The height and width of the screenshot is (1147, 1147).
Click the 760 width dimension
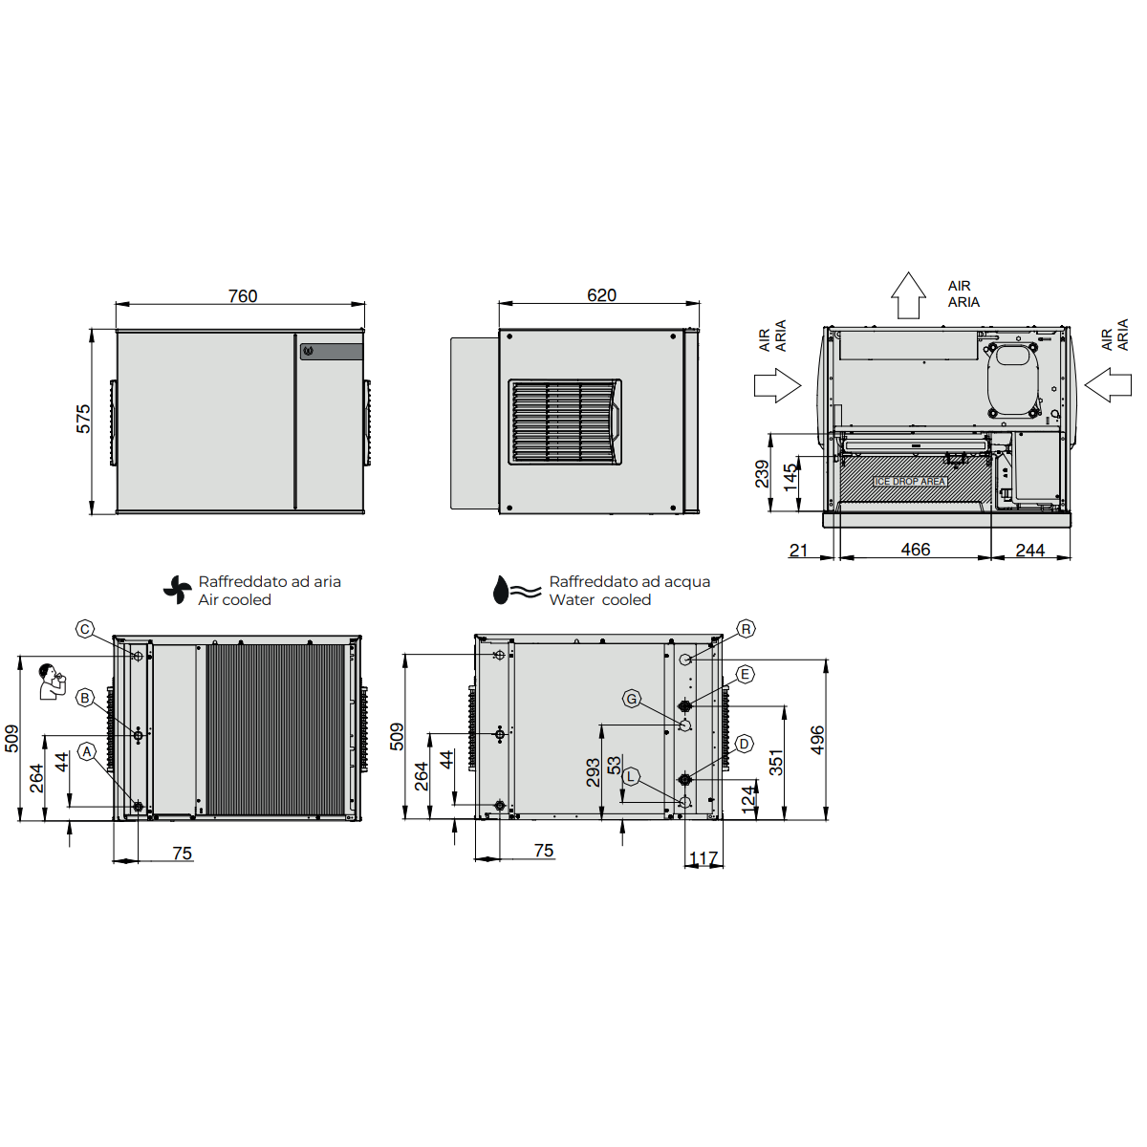pos(243,295)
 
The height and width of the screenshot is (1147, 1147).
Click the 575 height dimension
pos(83,419)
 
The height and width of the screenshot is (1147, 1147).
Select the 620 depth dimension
pos(601,295)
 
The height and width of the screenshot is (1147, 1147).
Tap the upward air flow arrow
pos(908,295)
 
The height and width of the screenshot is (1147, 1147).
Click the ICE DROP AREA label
pos(910,481)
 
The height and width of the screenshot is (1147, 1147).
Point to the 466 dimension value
pos(916,550)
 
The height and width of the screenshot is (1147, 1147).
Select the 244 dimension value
pos(1030,550)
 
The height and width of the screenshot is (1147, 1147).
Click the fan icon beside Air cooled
pos(178,590)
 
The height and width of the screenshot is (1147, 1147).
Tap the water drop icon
pos(501,590)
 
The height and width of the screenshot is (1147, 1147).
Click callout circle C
pos(85,629)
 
